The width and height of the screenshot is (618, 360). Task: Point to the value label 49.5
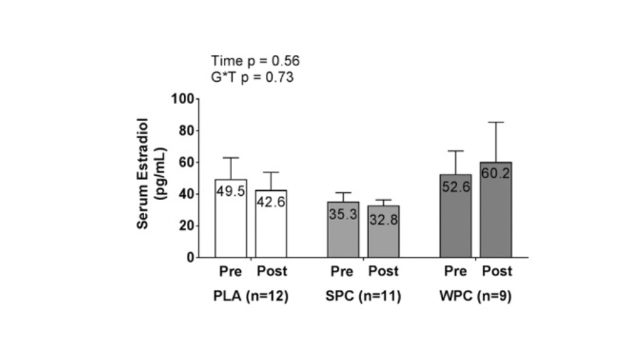pyautogui.click(x=231, y=192)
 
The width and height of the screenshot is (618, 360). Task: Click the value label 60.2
pyautogui.click(x=496, y=173)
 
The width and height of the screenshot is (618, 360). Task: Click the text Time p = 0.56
pyautogui.click(x=255, y=61)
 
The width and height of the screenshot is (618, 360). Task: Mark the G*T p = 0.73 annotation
pyautogui.click(x=252, y=77)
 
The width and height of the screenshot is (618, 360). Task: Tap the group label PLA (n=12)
pyautogui.click(x=250, y=297)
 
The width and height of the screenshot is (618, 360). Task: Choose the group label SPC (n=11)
pyautogui.click(x=363, y=297)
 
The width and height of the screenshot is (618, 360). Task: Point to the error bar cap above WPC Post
pyautogui.click(x=496, y=122)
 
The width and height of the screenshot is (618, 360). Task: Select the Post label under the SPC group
pyautogui.click(x=382, y=271)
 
